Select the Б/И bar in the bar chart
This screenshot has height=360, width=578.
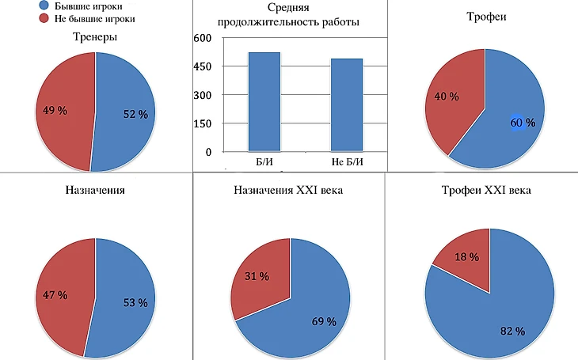pyautogui.click(x=264, y=101)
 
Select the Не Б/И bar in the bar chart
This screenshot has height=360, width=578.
pyautogui.click(x=347, y=104)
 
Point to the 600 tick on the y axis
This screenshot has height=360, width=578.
pyautogui.click(x=203, y=39)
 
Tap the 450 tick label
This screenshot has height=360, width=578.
pyautogui.click(x=203, y=67)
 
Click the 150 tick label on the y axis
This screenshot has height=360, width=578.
pyautogui.click(x=203, y=124)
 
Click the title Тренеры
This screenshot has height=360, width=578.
pyautogui.click(x=94, y=37)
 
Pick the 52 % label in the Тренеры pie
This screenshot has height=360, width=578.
pyautogui.click(x=135, y=114)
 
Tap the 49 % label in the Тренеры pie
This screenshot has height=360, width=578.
pyautogui.click(x=55, y=110)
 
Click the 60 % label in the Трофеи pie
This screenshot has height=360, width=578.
pyautogui.click(x=523, y=123)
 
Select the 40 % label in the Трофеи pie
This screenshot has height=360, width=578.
pyautogui.click(x=447, y=97)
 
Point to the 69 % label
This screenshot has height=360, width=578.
pyautogui.click(x=324, y=322)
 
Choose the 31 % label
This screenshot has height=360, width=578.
pyautogui.click(x=256, y=276)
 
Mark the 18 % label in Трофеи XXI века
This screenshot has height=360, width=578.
pyautogui.click(x=466, y=257)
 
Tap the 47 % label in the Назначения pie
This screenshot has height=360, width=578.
pyautogui.click(x=55, y=294)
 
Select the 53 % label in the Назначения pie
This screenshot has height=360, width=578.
pyautogui.click(x=135, y=302)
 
